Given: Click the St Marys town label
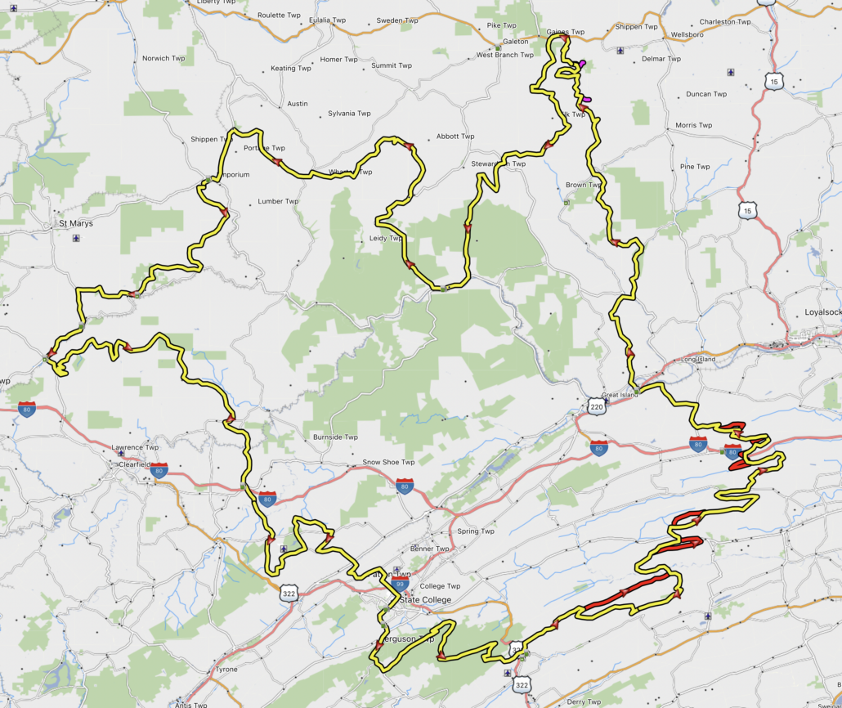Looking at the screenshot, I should pos(75,223).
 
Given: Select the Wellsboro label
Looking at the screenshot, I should pos(687,35).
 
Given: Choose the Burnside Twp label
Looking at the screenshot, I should pos(335,437).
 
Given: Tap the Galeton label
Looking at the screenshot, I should pos(516,42).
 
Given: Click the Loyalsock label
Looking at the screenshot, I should pos(822,312).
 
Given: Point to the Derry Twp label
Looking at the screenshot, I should pos(584,701).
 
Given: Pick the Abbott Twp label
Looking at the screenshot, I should pos(455,137).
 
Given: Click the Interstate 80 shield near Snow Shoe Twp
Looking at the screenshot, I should pos(405,486).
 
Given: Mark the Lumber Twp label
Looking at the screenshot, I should pos(278,201).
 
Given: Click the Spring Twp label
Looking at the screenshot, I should pos(476,531).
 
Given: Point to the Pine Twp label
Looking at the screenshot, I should pos(695,167).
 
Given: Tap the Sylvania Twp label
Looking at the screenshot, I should pos(349,114).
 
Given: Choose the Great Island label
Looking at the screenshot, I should pos(619,395).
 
